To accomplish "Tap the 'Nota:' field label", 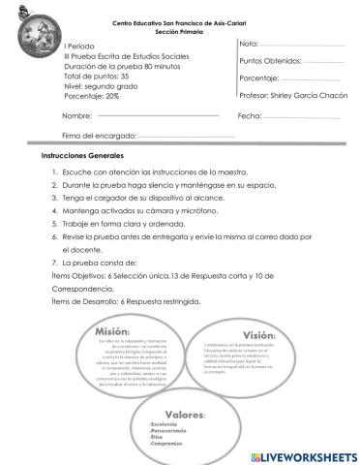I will click(x=249, y=45).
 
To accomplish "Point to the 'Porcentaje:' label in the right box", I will click(x=259, y=78).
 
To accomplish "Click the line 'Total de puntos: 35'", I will click(x=96, y=76).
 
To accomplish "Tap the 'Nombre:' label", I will click(x=76, y=115).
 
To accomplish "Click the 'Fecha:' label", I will click(x=250, y=115).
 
